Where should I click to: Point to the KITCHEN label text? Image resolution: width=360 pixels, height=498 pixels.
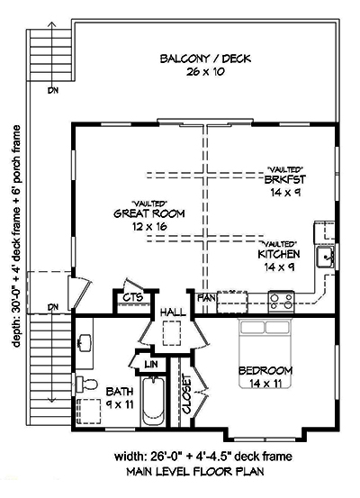point(281,255)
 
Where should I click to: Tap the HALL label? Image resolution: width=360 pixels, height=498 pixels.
point(173,312)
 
